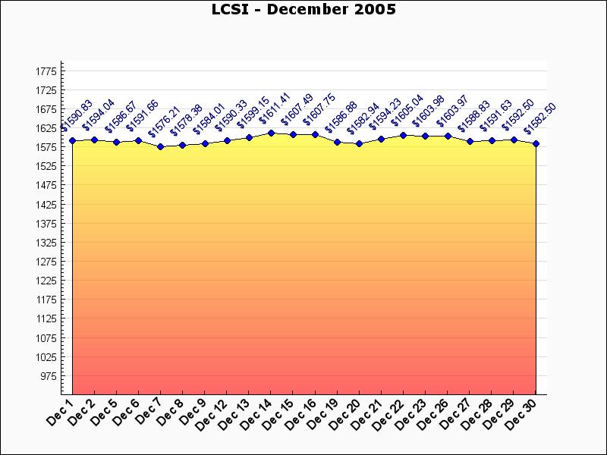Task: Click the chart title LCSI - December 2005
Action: [x=303, y=10]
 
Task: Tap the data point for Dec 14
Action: [x=271, y=133]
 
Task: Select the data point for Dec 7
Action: [x=160, y=146]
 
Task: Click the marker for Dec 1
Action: [x=72, y=140]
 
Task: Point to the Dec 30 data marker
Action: [x=536, y=143]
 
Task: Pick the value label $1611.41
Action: [x=274, y=109]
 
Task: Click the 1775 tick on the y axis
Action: [x=46, y=71]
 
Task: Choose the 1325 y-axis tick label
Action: [x=46, y=243]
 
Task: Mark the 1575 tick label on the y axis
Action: [x=46, y=147]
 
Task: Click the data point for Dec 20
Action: [x=360, y=143]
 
